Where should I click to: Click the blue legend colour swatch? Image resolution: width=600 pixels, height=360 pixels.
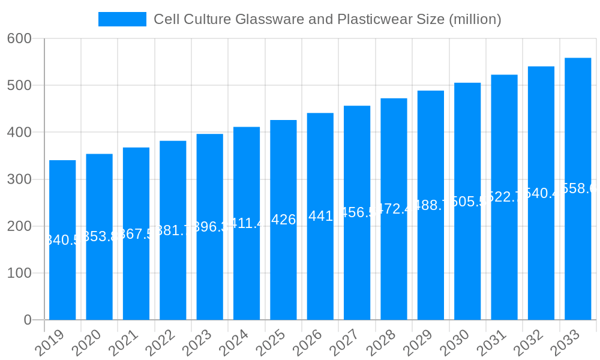(122, 19)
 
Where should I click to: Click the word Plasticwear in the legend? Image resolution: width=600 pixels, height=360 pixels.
(375, 19)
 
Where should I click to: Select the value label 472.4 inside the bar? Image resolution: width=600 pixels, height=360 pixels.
(394, 209)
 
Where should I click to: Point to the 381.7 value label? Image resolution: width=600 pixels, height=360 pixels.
(173, 230)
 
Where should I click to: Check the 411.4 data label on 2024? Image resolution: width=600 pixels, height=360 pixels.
(247, 224)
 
